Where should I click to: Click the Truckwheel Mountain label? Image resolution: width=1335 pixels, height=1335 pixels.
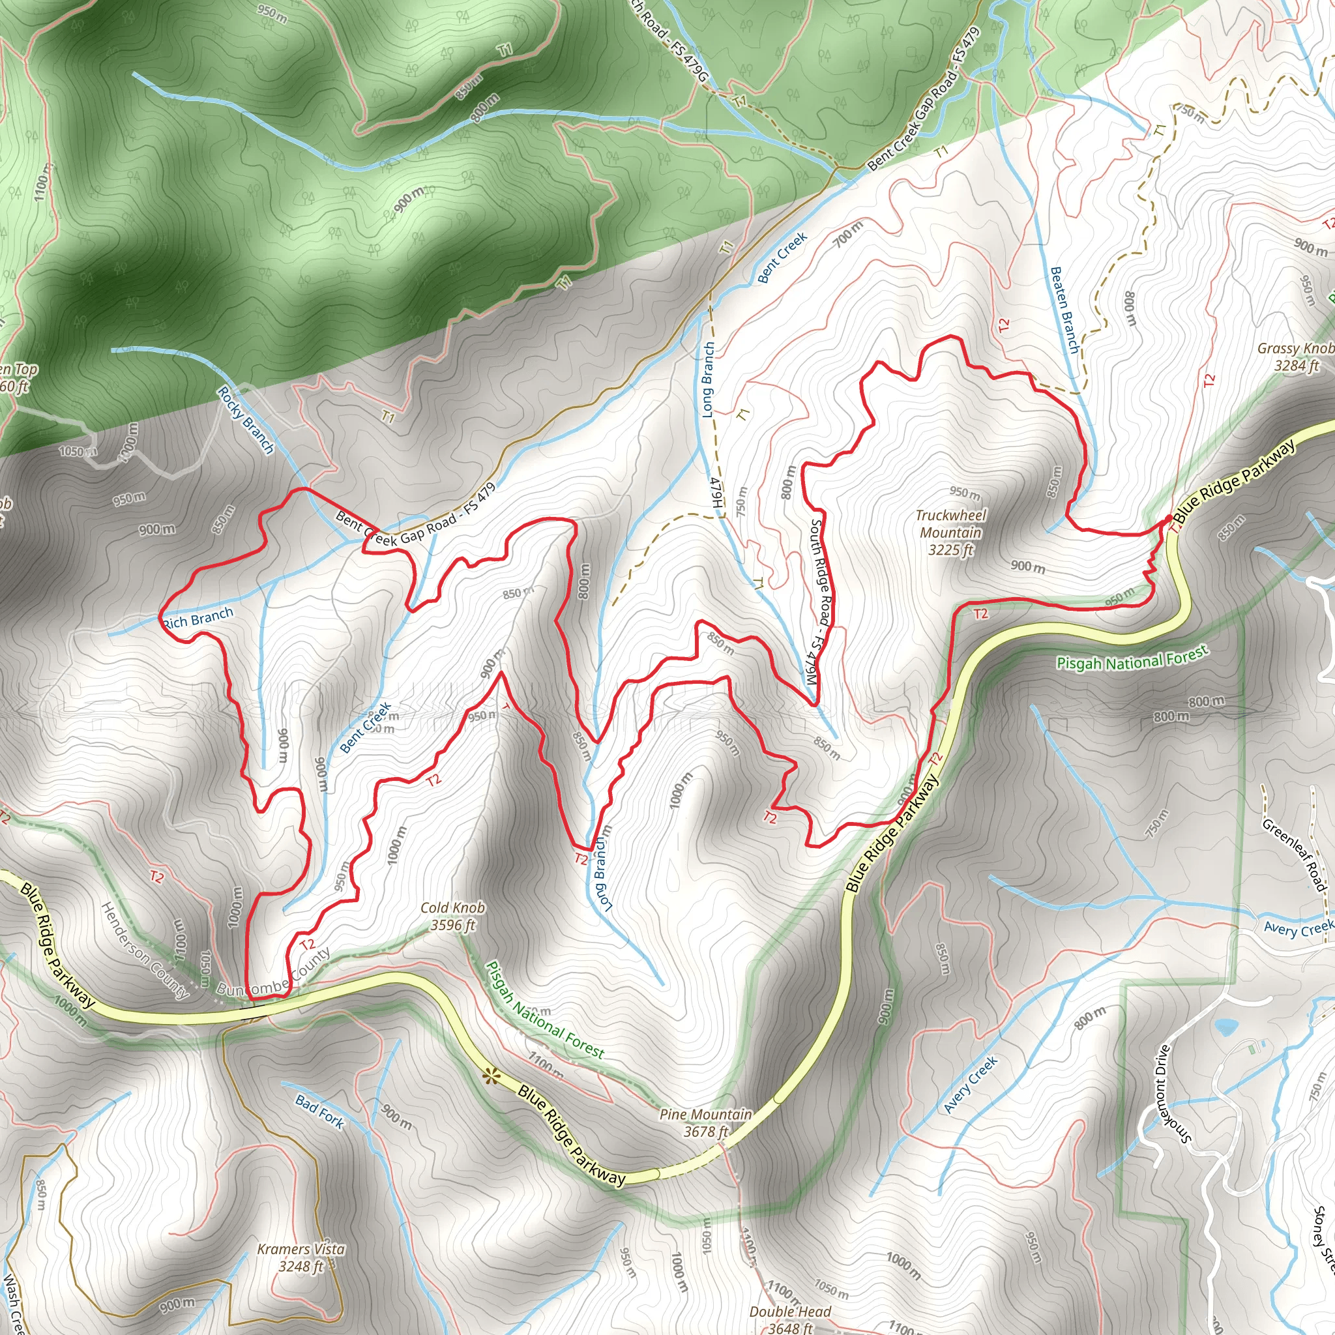pyautogui.click(x=951, y=533)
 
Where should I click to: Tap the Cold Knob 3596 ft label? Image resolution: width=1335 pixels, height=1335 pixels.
pyautogui.click(x=452, y=917)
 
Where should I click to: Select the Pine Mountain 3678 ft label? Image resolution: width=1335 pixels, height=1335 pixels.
pyautogui.click(x=705, y=1123)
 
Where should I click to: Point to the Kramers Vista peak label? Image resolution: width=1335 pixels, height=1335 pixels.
pyautogui.click(x=301, y=1257)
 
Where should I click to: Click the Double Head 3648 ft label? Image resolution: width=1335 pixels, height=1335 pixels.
pyautogui.click(x=790, y=1319)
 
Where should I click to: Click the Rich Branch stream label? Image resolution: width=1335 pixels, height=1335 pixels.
pyautogui.click(x=198, y=617)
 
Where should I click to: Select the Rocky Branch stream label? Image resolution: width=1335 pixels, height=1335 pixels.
pyautogui.click(x=246, y=419)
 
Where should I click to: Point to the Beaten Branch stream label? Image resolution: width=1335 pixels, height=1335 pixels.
pyautogui.click(x=1064, y=310)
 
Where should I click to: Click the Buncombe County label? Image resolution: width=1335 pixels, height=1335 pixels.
pyautogui.click(x=273, y=975)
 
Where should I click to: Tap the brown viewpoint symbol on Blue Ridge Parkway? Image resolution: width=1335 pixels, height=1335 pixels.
pyautogui.click(x=491, y=1075)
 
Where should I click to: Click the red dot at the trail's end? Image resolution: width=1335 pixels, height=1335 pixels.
pyautogui.click(x=1167, y=518)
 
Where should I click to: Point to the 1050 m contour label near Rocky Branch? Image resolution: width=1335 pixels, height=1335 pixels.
pyautogui.click(x=78, y=452)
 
